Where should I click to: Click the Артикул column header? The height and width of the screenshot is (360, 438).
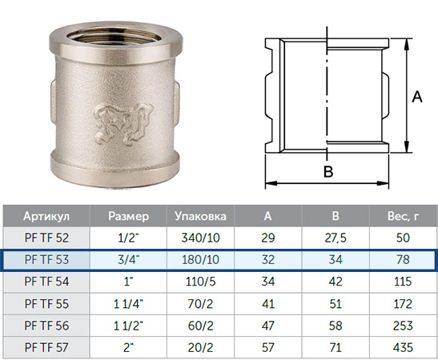(46, 216)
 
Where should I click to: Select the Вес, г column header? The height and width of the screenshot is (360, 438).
(403, 216)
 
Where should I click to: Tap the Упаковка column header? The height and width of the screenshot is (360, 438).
(200, 216)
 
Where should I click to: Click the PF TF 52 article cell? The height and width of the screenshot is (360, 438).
(46, 238)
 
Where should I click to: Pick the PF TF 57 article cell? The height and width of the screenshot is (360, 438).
(46, 347)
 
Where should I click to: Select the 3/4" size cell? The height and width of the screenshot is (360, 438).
(128, 259)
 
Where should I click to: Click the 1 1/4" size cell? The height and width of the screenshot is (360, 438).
(128, 304)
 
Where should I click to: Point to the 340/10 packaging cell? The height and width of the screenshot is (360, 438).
(200, 238)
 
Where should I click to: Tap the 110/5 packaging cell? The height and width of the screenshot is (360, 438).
(200, 282)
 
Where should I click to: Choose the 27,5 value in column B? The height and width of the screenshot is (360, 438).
(336, 238)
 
